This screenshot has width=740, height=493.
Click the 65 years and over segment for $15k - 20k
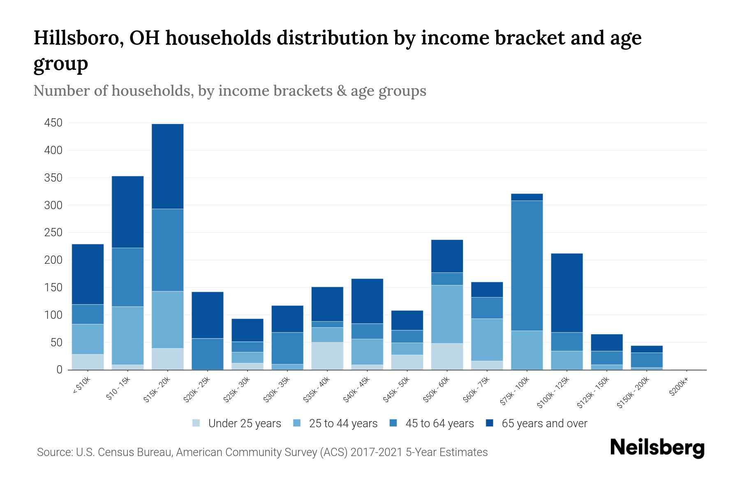point(168,166)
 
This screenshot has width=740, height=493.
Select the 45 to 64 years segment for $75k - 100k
point(527,265)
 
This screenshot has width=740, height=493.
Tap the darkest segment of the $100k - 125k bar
point(567,293)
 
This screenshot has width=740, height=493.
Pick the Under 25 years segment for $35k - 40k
point(327,356)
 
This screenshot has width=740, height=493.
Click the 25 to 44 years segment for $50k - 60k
point(447,314)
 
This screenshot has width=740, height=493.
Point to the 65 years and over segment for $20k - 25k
point(208,315)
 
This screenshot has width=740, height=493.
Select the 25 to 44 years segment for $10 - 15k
point(128,335)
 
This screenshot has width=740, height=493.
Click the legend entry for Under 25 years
point(237,424)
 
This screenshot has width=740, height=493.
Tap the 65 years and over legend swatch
point(490,423)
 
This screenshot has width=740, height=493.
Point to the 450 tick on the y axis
point(53,123)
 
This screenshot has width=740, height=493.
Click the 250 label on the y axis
point(53,233)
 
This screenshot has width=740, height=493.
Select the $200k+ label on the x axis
point(679,387)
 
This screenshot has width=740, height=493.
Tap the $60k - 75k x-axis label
point(476,389)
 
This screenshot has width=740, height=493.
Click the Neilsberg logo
point(657,447)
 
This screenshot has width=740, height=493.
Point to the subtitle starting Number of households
point(229,91)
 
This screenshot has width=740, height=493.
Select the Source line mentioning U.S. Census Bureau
point(262,452)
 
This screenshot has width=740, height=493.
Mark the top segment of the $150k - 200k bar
point(646,349)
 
